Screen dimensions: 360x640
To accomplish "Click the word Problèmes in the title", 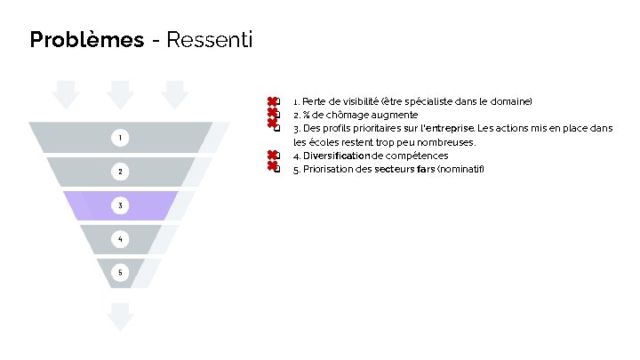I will (x=86, y=40).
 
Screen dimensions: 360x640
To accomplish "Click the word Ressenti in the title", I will (x=209, y=40).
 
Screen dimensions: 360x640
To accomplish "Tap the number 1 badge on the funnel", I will (x=120, y=137).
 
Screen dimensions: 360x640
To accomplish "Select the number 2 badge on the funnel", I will (x=120, y=171).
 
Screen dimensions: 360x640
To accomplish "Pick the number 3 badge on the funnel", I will (x=120, y=205).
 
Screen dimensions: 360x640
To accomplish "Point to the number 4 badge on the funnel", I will (x=120, y=238).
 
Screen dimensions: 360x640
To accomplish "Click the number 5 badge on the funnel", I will (x=120, y=271).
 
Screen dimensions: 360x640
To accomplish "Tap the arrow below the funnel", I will (x=120, y=315).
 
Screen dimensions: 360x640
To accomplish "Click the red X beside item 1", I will (x=271, y=102).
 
